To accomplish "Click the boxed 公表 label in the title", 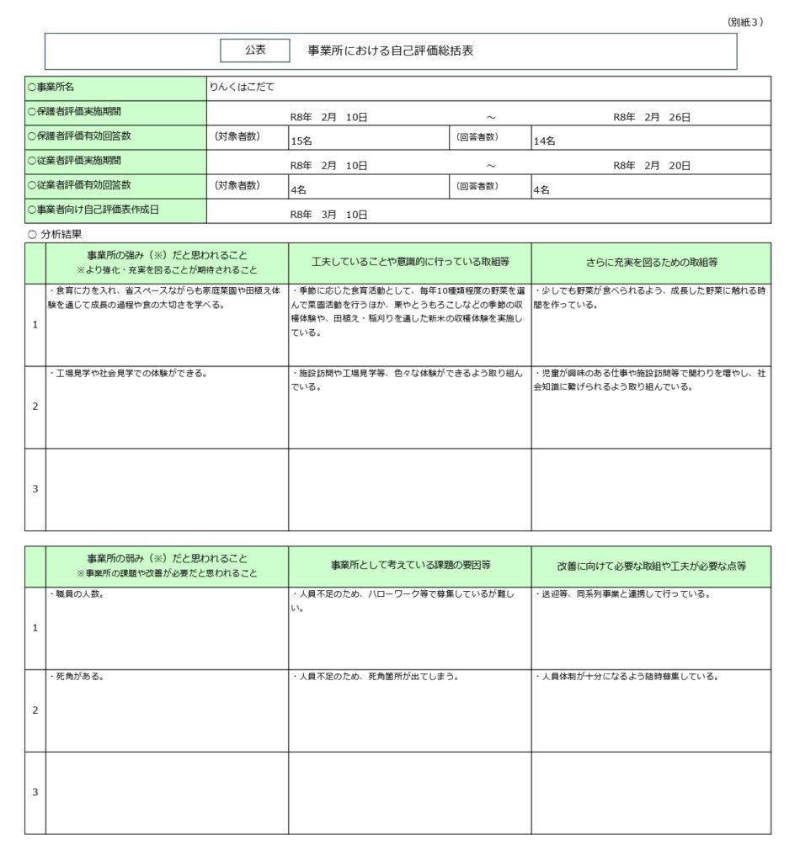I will point(255,51).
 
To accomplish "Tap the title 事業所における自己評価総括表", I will point(391,51).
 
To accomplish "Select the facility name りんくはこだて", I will point(243,87).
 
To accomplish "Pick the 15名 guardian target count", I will point(302,141).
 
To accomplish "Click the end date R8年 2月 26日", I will point(652,117).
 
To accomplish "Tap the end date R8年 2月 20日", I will point(652,166).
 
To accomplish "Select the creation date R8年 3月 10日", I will point(328,215).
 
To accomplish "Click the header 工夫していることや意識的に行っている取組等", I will point(409,263).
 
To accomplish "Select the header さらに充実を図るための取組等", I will point(651,263).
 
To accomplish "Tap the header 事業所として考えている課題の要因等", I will point(410,566).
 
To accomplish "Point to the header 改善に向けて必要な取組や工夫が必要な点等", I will point(651,566).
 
